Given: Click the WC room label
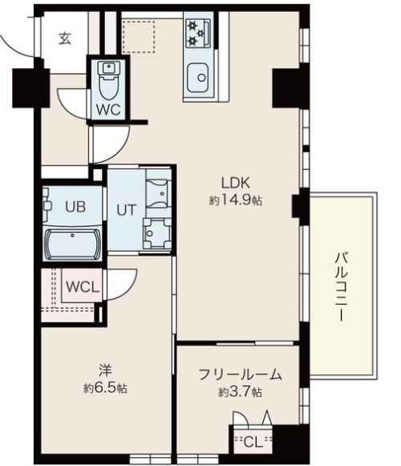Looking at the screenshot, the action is click(108, 110).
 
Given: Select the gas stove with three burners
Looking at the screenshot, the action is click(198, 34).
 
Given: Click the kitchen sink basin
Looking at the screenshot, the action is click(197, 78).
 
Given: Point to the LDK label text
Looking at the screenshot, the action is click(236, 183).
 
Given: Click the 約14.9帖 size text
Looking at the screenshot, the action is click(236, 201).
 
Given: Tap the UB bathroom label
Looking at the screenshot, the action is click(75, 207).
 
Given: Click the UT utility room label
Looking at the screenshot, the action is click(127, 210).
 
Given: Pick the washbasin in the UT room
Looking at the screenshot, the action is click(156, 193).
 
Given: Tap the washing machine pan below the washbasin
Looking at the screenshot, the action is click(157, 233).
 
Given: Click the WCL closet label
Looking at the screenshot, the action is click(83, 287).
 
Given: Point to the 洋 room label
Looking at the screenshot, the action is click(105, 371).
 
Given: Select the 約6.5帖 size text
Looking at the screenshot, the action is click(105, 388).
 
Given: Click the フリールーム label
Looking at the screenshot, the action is click(240, 375).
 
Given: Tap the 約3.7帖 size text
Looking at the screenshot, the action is click(240, 392).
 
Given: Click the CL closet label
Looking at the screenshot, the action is click(253, 443).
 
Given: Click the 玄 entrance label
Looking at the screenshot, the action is click(65, 38).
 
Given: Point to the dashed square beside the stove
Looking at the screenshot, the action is click(139, 37).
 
